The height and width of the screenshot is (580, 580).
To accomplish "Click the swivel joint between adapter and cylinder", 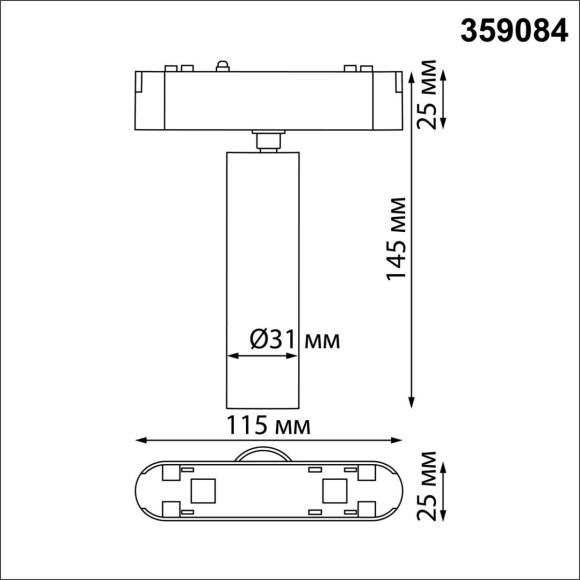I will (x=267, y=139).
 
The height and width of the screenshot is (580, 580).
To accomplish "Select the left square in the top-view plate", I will (x=202, y=490).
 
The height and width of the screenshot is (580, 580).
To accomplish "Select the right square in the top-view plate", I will (x=334, y=490).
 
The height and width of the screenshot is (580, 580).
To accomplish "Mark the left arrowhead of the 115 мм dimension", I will (x=141, y=439).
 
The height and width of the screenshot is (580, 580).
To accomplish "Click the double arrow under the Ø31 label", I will (x=266, y=355).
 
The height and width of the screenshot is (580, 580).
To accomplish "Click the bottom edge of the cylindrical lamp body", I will (x=267, y=405).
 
